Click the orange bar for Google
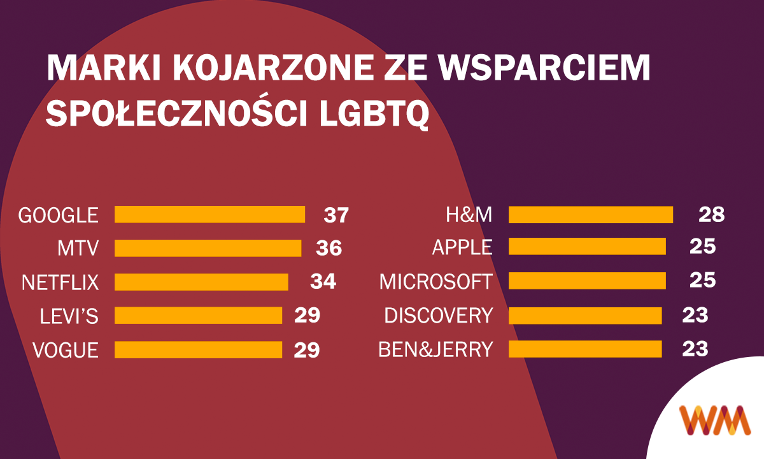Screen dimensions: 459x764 pos(209,214)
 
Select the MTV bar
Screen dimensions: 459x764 pos(208,248)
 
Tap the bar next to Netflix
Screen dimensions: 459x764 pos(201,282)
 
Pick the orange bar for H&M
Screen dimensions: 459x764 pos(591,214)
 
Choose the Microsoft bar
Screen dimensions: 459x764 pos(587,281)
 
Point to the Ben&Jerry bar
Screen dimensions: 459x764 pos(585,349)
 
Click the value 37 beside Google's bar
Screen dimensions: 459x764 pos(336,215)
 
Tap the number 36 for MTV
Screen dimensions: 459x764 pos(329,248)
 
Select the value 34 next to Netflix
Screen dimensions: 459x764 pos(323,282)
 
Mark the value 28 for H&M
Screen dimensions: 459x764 pos(711,214)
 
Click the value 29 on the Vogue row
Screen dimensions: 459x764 pos(306,349)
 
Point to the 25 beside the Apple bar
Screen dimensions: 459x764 pos(703,247)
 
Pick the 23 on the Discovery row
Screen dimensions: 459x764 pos(695,315)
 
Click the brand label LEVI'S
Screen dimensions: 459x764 pos(60,316)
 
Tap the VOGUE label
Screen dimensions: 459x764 pos(66,350)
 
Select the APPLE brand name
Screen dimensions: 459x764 pos(462,248)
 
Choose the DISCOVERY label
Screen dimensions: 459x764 pos(439,316)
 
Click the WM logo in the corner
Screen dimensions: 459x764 pos(714,420)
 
